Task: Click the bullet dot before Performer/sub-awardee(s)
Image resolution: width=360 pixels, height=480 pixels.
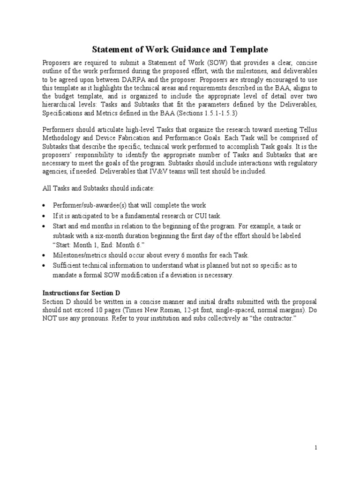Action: pyautogui.click(x=44, y=206)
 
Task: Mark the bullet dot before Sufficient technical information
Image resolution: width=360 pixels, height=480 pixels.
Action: pyautogui.click(x=44, y=265)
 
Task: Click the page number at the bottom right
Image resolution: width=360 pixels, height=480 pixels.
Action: pyautogui.click(x=316, y=448)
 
